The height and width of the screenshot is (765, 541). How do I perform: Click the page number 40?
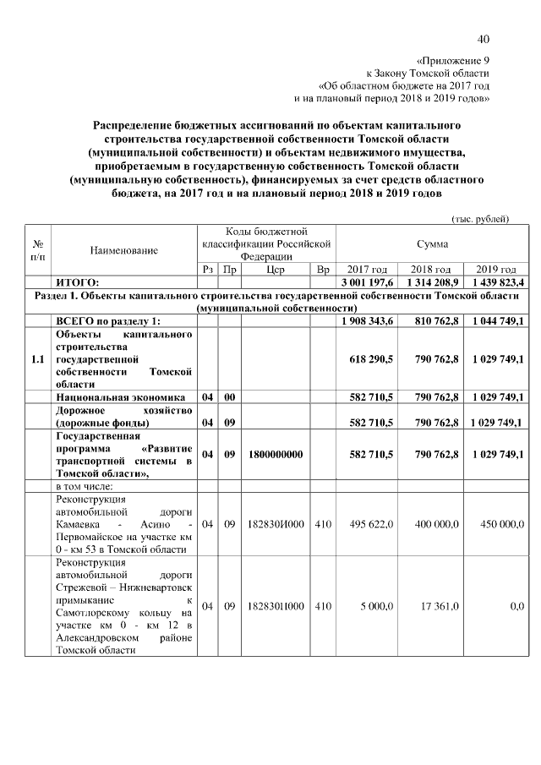[x=483, y=39]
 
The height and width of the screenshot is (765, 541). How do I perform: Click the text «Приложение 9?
[x=453, y=60]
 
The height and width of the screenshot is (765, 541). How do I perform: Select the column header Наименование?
[x=124, y=251]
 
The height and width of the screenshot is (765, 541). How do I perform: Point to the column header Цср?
[x=275, y=269]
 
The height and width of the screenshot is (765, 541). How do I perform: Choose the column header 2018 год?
[x=432, y=269]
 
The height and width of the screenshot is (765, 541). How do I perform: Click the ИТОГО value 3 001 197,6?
[x=367, y=281]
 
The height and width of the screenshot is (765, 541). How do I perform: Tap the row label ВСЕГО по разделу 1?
[x=107, y=321]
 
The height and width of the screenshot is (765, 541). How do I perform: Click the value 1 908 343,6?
[x=367, y=321]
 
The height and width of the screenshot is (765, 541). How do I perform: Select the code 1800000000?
[x=276, y=454]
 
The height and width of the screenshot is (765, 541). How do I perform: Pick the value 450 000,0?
[x=500, y=524]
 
